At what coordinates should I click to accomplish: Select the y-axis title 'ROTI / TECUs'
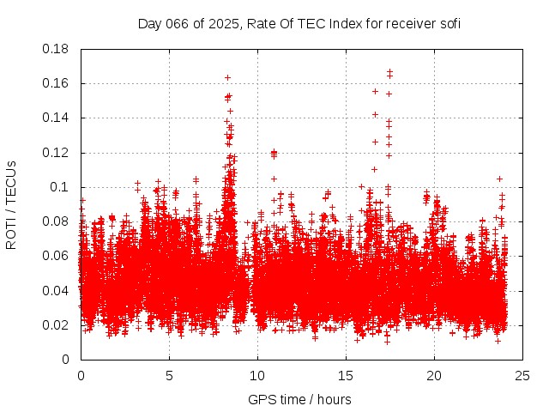[11, 204]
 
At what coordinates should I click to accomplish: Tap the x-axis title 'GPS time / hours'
[299, 399]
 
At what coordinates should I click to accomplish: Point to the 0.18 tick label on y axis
[57, 49]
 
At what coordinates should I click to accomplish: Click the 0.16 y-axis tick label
[57, 83]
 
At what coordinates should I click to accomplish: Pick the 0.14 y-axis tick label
[57, 118]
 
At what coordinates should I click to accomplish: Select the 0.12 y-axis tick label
[57, 153]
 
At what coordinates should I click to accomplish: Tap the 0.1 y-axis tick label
[60, 187]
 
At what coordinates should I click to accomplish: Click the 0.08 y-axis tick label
[57, 221]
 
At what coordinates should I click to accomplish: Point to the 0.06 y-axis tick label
[57, 256]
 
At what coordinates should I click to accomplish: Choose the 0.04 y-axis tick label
[57, 290]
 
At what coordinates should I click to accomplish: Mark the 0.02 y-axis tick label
[57, 324]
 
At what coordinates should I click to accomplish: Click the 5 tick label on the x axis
[169, 374]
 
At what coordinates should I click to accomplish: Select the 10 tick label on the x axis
[257, 374]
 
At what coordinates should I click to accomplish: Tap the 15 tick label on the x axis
[346, 374]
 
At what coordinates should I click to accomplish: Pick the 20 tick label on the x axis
[434, 374]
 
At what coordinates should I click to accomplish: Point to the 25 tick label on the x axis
[522, 374]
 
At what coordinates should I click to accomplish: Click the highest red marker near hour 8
[227, 77]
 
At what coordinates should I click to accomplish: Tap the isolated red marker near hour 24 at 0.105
[499, 179]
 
